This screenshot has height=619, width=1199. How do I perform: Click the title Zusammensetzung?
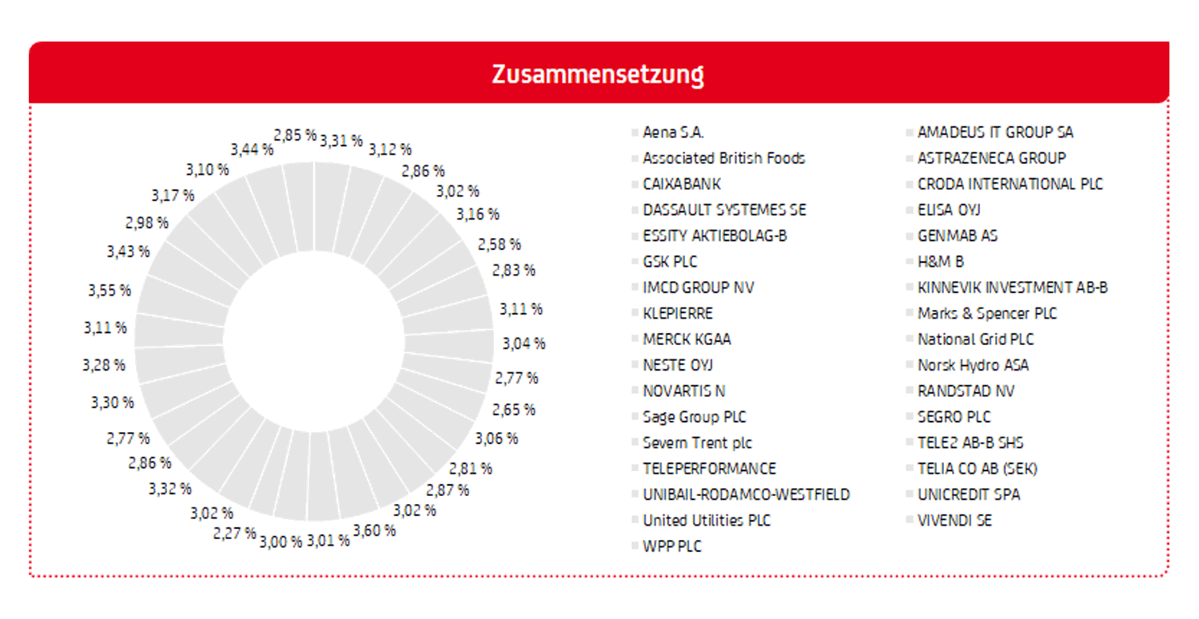[x=598, y=75]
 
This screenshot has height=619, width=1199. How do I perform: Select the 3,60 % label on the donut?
[x=374, y=530]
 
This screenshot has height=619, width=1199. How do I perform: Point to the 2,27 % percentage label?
[x=234, y=533]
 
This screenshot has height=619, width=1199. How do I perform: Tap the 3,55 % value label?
[x=110, y=291]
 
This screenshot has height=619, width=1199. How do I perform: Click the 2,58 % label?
[x=499, y=244]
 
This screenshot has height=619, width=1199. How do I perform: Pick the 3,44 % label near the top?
[x=252, y=149]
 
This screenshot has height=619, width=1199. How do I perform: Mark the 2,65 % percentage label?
[x=514, y=410]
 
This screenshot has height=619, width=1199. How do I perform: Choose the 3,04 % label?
[x=524, y=343]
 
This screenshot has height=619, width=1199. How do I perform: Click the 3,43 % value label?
[x=128, y=252]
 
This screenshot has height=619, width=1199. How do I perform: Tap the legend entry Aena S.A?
[x=673, y=133]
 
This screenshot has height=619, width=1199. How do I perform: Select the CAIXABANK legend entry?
[x=681, y=185]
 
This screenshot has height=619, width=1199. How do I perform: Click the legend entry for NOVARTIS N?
[x=683, y=391]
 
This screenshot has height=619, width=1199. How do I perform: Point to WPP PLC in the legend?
[x=672, y=547]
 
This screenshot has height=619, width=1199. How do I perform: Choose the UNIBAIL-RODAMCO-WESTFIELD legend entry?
[x=746, y=495]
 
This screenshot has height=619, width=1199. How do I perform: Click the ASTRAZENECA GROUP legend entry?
[x=991, y=158]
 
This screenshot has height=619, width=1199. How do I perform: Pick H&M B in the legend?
[x=941, y=262]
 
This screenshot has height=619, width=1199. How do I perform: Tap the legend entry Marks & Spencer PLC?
[x=986, y=314]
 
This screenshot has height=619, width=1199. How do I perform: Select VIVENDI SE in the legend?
[x=954, y=521]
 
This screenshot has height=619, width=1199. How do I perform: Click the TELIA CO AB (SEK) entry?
[x=977, y=469]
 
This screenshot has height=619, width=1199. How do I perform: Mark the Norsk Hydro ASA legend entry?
[x=973, y=366]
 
